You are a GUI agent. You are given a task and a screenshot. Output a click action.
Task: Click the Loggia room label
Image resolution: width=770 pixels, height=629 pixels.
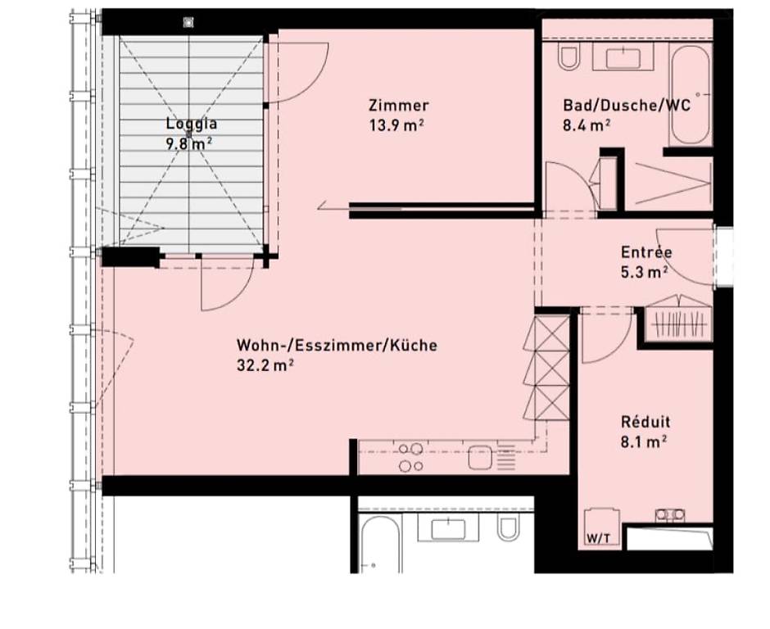point(192,124)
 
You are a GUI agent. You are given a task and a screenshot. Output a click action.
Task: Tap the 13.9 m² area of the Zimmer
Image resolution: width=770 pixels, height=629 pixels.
point(396,125)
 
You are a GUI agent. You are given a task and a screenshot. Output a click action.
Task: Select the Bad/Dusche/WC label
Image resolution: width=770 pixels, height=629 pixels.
point(627,105)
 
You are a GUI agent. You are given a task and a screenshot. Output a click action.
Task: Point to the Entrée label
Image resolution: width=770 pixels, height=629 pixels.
point(647,252)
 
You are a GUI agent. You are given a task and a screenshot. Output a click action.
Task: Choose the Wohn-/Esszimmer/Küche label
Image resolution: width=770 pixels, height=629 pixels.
point(337,345)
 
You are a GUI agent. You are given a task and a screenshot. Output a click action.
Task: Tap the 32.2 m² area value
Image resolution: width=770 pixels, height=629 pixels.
point(265,365)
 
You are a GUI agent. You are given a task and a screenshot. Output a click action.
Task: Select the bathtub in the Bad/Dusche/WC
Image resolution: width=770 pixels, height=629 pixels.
point(691,95)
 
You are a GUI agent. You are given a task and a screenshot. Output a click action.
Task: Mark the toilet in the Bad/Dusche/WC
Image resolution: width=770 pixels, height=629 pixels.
point(569,57)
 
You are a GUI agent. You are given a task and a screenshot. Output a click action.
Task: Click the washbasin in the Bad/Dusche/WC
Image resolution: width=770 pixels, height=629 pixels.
point(623,58)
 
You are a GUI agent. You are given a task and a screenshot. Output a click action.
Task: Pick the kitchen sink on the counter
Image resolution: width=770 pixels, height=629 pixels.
point(480,457)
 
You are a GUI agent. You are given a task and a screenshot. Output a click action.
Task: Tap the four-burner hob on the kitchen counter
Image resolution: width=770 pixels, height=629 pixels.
point(410,457)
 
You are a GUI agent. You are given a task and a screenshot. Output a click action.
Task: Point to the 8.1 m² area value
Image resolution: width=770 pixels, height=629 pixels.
point(643,442)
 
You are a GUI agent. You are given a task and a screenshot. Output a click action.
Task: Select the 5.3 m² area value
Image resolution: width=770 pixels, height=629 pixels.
point(645,272)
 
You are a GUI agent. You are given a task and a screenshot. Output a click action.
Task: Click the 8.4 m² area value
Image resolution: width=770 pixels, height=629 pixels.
point(587,125)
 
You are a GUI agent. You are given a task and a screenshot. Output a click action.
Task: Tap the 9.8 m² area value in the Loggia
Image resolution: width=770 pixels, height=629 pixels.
point(189,144)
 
